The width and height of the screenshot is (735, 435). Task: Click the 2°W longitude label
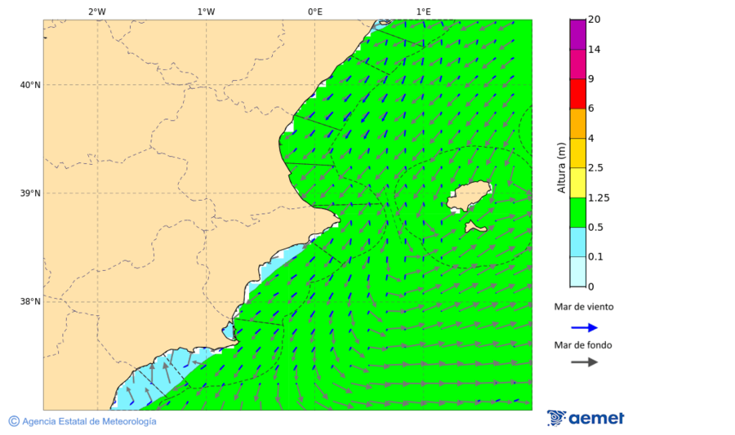click(x=96, y=11)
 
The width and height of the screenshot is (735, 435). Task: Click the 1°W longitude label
click(x=206, y=11)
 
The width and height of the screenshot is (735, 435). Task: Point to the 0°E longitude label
click(x=314, y=11)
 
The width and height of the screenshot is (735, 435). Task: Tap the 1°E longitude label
click(x=424, y=11)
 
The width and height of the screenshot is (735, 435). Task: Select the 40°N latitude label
click(x=30, y=85)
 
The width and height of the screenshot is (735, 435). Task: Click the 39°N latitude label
click(x=30, y=193)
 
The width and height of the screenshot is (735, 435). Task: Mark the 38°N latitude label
click(x=30, y=302)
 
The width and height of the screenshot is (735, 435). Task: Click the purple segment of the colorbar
click(x=577, y=34)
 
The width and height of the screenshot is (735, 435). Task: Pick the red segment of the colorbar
click(x=577, y=94)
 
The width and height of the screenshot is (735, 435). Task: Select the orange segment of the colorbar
click(x=577, y=123)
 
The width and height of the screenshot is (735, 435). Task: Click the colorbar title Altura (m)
click(x=561, y=167)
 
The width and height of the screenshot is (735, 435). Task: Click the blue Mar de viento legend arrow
click(x=584, y=327)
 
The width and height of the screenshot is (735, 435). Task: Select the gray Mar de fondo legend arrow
click(x=584, y=362)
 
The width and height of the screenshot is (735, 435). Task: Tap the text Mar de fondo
click(x=583, y=345)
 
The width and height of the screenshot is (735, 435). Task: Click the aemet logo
click(x=586, y=418)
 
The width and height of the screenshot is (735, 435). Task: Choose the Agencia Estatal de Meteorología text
click(x=88, y=421)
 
